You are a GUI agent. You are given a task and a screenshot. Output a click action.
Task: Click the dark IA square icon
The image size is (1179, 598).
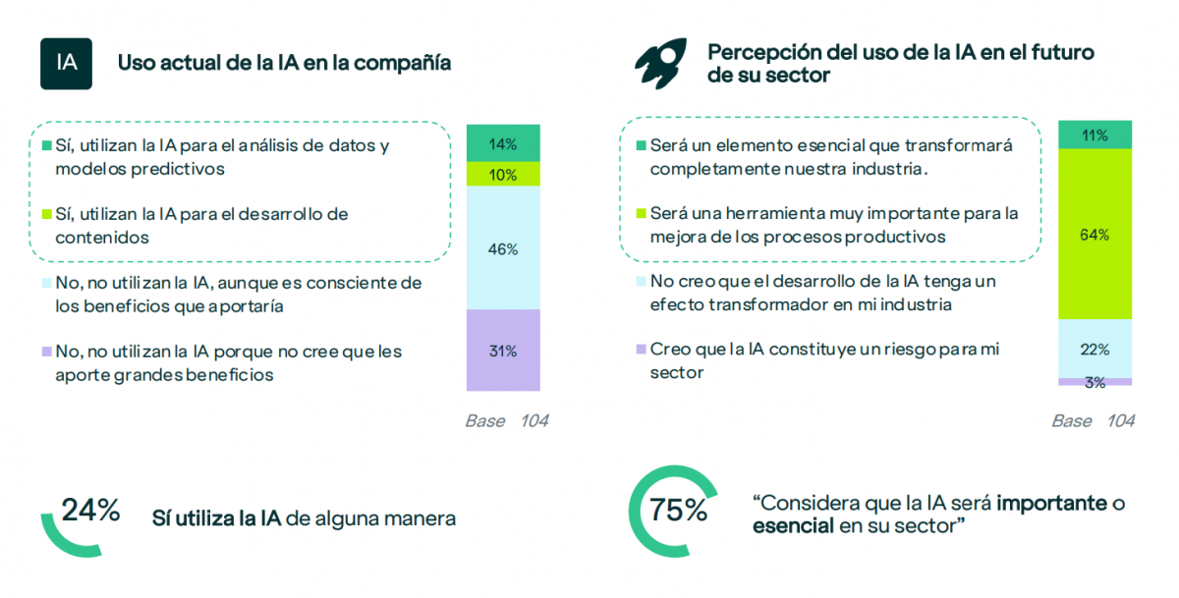66,64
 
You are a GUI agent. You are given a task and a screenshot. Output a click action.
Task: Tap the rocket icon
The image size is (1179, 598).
659,64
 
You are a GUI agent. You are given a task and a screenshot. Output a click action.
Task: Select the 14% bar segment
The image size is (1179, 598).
503,143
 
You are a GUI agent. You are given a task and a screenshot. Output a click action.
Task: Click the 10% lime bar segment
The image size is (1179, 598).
503,174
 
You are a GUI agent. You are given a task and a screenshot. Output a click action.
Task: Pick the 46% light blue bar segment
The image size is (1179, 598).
503,248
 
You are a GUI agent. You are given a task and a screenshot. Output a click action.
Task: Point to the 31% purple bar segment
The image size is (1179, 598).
503,351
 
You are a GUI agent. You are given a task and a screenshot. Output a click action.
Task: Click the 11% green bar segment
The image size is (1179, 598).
1095,136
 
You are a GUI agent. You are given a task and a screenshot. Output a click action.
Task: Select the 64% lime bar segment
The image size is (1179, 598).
1095,235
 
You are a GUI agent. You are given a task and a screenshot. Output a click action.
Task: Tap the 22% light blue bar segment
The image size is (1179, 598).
1095,349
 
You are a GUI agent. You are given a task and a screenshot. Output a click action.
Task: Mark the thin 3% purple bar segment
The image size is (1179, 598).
1095,382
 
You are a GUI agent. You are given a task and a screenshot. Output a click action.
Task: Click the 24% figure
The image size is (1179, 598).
90,511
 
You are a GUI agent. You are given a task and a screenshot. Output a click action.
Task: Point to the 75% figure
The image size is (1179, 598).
678,511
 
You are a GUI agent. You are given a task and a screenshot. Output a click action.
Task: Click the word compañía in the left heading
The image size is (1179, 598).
404,64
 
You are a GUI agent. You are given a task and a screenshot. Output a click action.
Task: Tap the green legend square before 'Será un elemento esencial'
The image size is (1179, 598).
642,145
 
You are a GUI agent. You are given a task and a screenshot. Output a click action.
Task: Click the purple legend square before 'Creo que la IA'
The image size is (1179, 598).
642,350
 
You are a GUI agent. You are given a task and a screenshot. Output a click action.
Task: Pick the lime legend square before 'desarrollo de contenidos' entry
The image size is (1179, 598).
46,214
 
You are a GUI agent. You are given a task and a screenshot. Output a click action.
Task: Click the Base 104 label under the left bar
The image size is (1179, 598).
506,421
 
